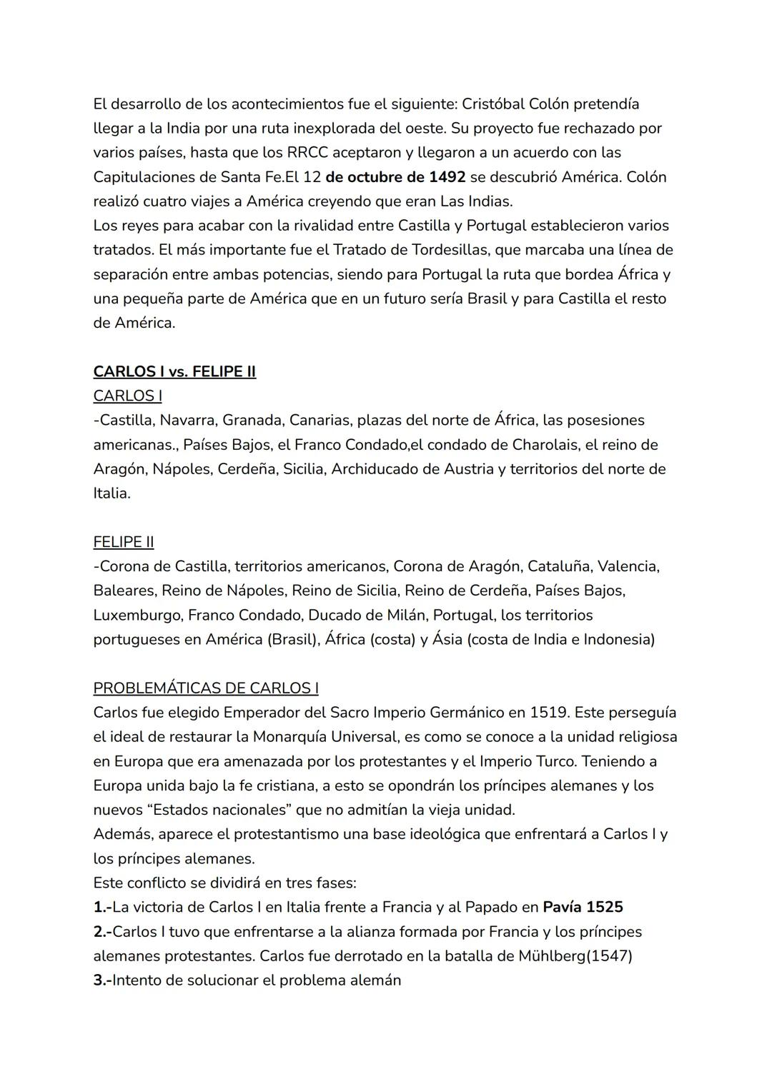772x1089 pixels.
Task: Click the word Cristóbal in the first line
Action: point(493,104)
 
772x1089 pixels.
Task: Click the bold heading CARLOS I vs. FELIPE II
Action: point(174,371)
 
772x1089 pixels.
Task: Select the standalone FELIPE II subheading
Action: point(124,542)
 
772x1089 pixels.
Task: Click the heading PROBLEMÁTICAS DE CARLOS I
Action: point(206,688)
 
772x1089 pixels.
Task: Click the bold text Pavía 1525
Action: point(583,907)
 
